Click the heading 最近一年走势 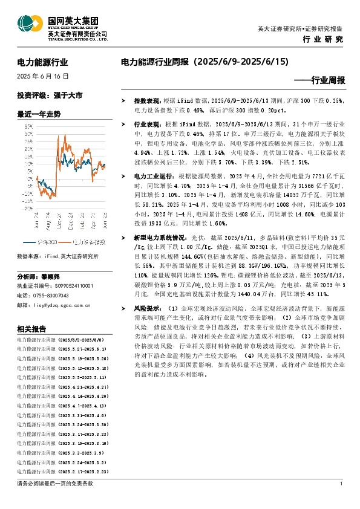(39, 114)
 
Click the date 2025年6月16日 (43, 77)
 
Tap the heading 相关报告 (31, 329)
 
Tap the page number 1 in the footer (342, 484)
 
